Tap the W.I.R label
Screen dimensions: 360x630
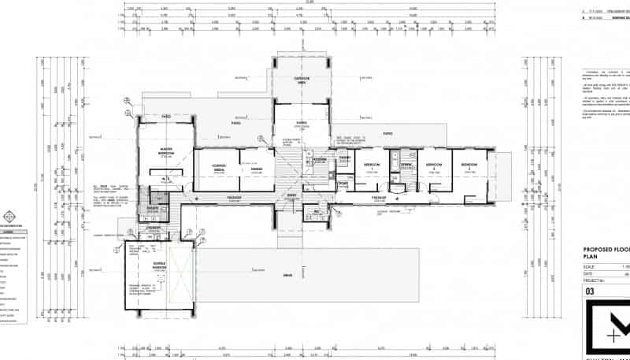(165, 179)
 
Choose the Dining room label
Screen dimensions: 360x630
(257, 169)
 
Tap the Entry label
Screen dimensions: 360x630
(291, 195)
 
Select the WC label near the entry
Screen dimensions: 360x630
(317, 210)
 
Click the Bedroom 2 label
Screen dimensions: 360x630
(432, 165)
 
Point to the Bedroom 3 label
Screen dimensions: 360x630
(469, 165)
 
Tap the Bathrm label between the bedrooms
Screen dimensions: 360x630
(406, 165)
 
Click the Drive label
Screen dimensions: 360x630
(288, 275)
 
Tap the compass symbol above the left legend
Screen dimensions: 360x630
(9, 216)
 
